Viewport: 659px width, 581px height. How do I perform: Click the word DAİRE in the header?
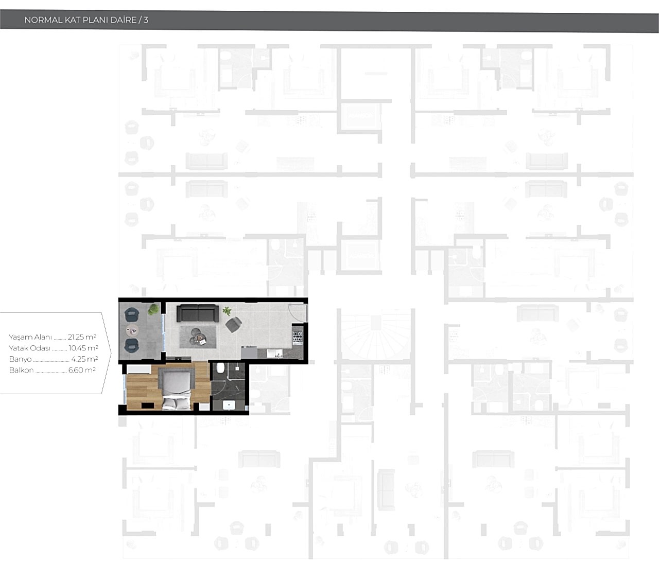123,20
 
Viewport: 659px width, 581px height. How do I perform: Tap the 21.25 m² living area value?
82,337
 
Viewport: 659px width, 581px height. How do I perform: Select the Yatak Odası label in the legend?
29,348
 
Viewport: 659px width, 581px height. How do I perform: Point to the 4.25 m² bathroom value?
84,359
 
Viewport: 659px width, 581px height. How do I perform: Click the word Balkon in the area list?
22,370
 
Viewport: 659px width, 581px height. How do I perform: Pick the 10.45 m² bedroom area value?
83,348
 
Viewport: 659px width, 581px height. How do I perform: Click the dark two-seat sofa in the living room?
198,313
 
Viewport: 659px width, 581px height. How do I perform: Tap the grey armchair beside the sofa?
234,324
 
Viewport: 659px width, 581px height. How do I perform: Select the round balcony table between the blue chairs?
132,330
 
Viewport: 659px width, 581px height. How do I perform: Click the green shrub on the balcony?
153,309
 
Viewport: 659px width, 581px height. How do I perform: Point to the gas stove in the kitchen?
298,337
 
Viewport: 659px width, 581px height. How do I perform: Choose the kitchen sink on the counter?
274,353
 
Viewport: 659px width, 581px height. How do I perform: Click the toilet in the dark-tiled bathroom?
220,368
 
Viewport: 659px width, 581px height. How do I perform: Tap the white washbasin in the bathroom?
229,406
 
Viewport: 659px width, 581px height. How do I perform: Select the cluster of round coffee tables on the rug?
197,336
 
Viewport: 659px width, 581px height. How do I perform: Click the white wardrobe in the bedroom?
138,369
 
